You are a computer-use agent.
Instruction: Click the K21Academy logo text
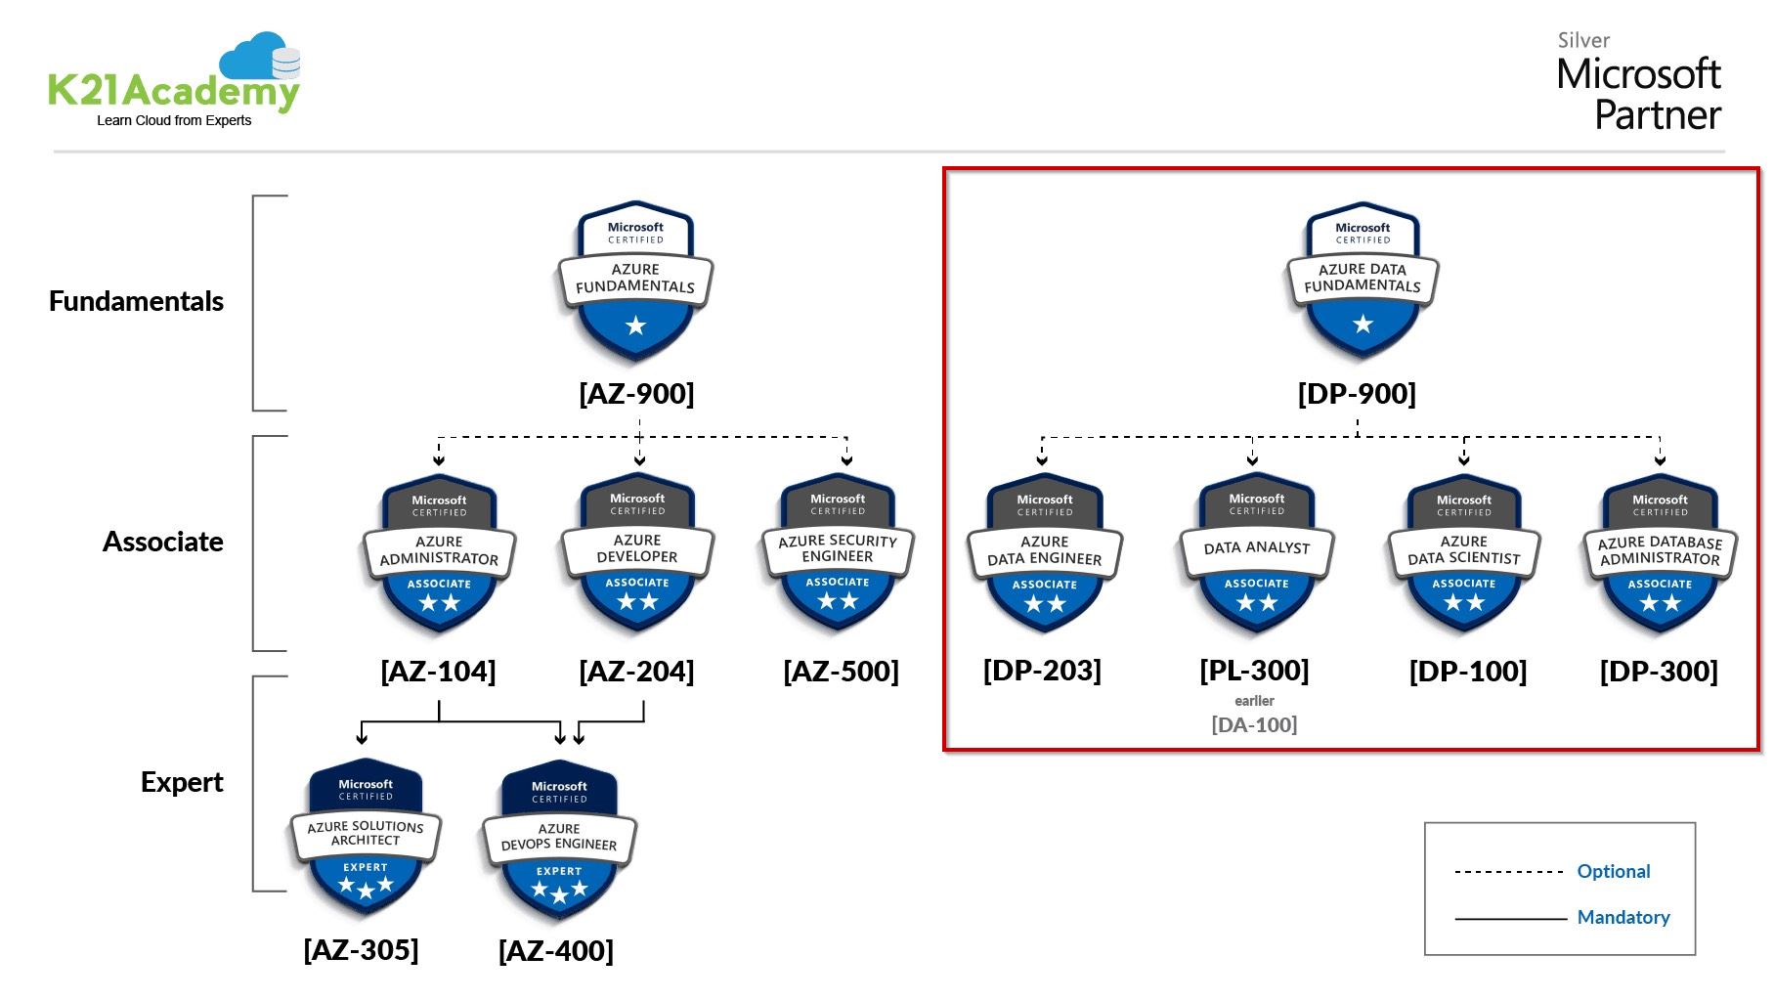[x=173, y=93]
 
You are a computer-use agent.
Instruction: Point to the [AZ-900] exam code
[x=636, y=394]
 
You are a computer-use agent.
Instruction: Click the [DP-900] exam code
[x=1357, y=394]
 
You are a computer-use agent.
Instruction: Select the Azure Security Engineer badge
[x=838, y=553]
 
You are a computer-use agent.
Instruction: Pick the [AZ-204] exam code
[x=636, y=672]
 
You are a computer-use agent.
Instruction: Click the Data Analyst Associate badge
[x=1256, y=553]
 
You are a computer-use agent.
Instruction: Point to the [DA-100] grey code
[x=1254, y=725]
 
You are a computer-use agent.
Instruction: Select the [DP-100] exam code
[x=1467, y=672]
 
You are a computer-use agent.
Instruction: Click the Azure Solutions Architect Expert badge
[x=366, y=837]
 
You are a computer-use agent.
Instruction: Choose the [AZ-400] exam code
[x=556, y=951]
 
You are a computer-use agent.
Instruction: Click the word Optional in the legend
[x=1613, y=871]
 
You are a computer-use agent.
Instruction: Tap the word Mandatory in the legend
[x=1623, y=917]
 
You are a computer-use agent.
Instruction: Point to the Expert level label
[x=182, y=782]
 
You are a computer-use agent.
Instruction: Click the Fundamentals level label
[x=136, y=301]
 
